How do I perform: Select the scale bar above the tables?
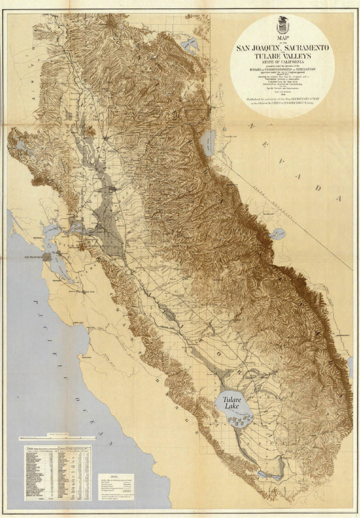pos(57,437)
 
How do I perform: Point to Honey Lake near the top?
pos(189,44)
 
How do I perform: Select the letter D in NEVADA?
pos(318,188)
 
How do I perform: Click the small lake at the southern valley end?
pos(262,473)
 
